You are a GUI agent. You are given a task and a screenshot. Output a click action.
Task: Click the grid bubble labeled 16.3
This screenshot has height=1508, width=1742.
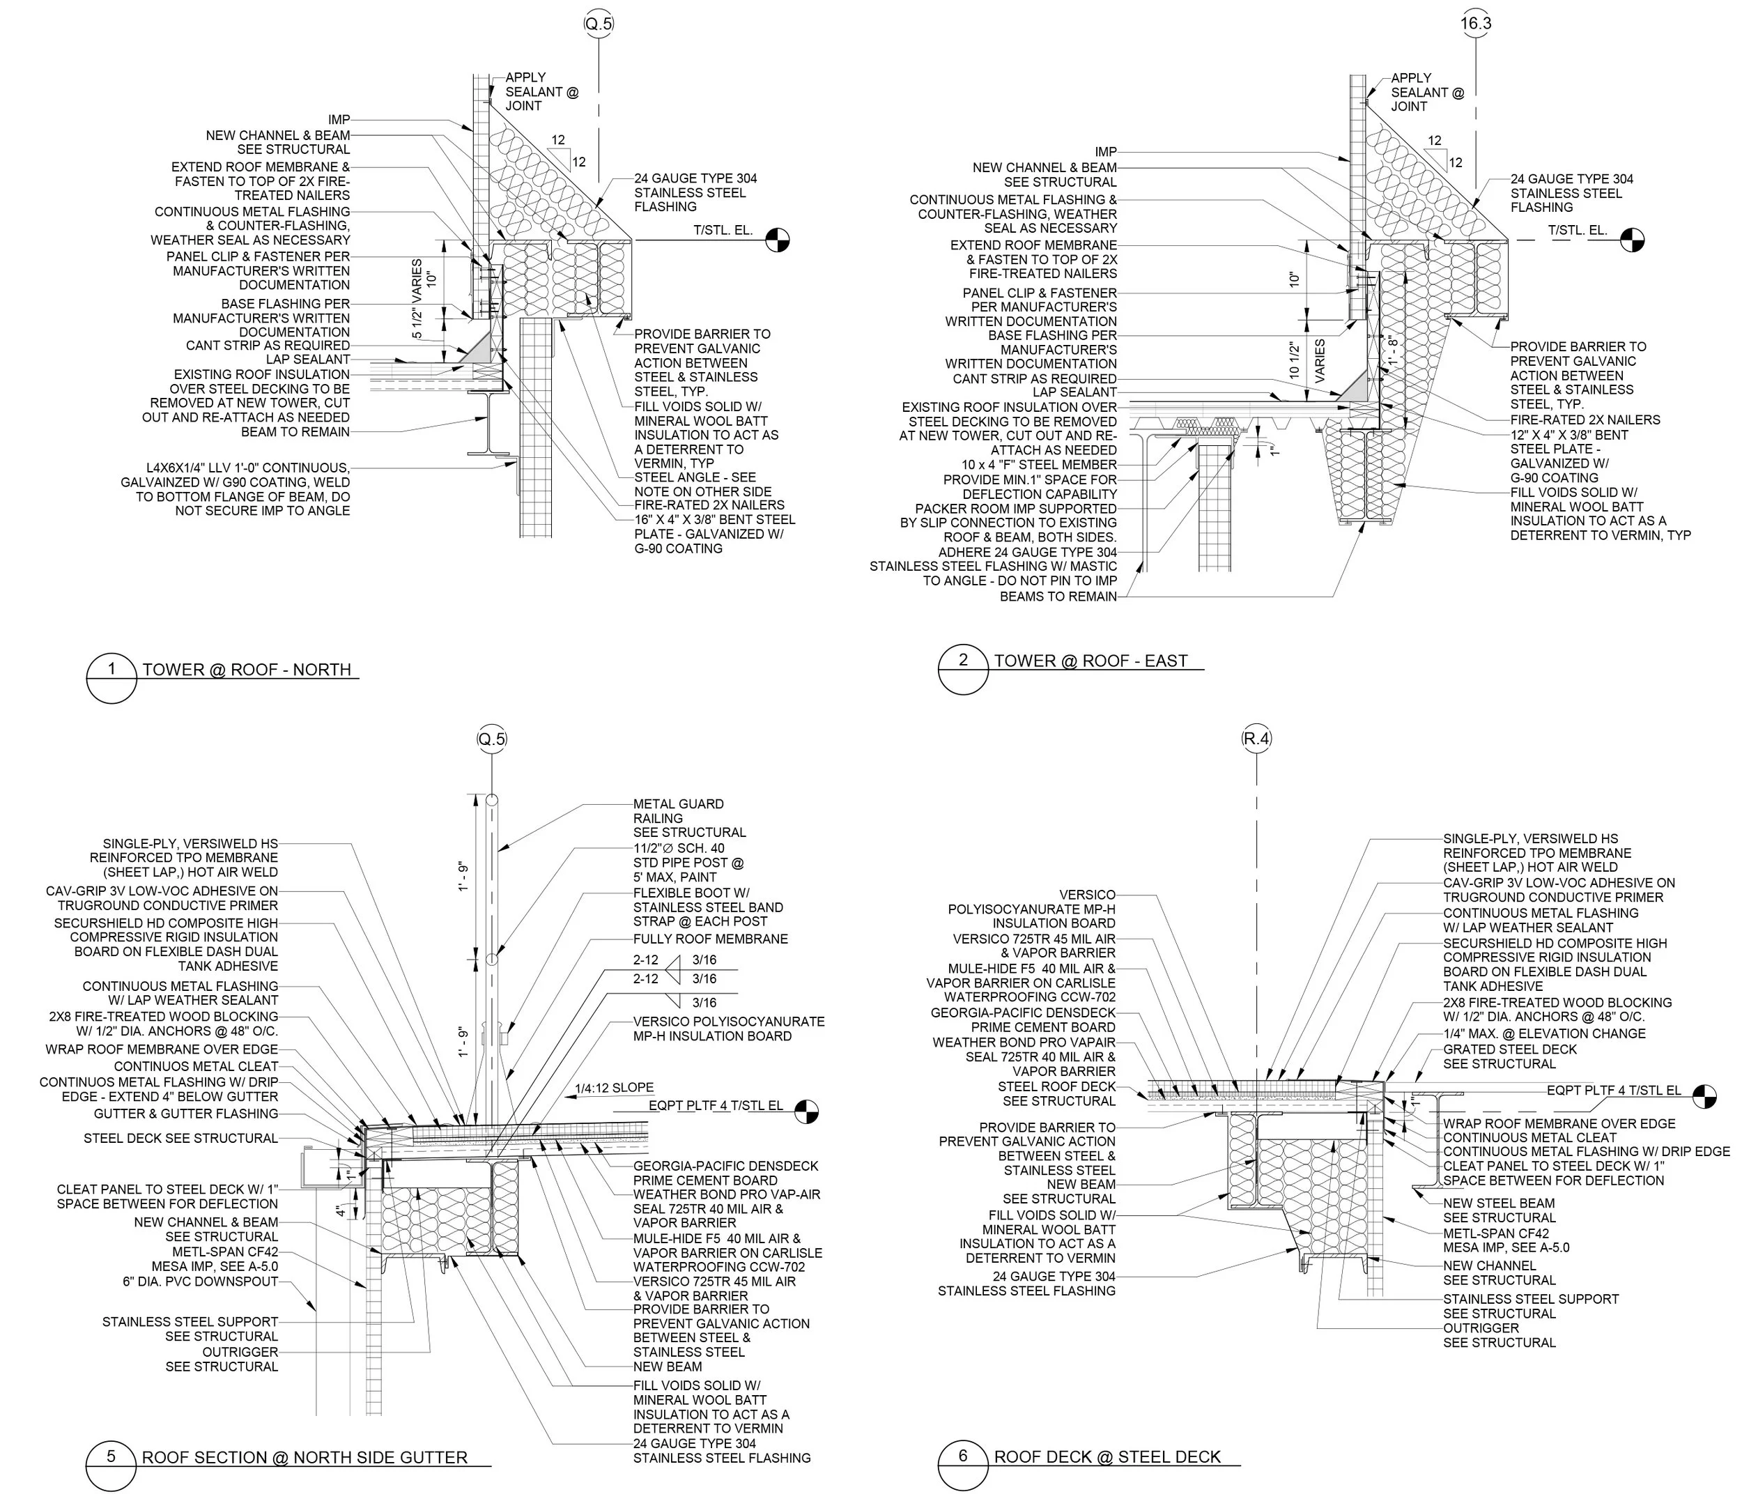pos(1475,24)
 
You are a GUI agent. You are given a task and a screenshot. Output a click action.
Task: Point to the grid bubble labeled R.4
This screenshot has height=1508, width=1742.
pos(1256,739)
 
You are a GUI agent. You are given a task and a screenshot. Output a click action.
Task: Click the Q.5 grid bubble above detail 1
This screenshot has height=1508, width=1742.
pos(599,24)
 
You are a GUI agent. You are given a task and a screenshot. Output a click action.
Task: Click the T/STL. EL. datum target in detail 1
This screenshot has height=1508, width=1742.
pos(778,240)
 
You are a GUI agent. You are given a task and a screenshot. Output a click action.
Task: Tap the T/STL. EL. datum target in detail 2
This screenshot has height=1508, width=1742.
pos(1632,240)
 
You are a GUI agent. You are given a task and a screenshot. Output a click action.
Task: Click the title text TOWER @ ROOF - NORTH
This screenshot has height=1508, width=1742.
pos(247,670)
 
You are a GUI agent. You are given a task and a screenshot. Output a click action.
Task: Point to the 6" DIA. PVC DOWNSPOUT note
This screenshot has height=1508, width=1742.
pos(200,1282)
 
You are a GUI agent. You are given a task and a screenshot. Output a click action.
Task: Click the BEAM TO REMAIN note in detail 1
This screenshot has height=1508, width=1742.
pos(295,431)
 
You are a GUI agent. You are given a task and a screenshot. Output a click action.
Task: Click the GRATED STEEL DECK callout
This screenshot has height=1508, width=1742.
pos(1510,1049)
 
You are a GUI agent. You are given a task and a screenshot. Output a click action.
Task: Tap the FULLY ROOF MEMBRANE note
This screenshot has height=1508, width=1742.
pos(710,938)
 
